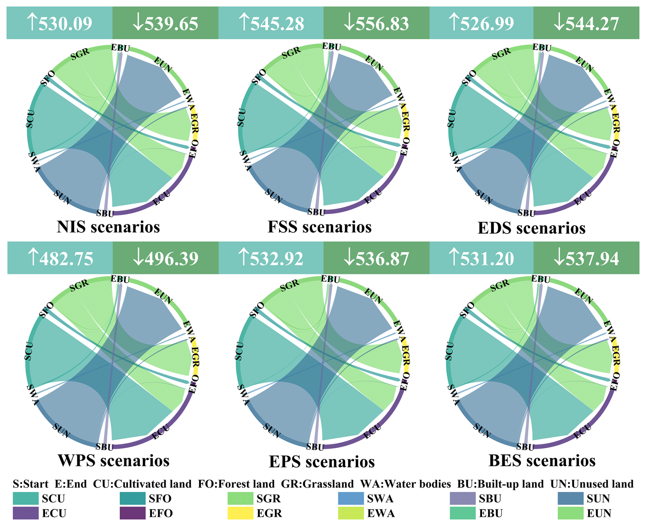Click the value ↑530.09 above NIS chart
59,23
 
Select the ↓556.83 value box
376,23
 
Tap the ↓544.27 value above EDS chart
586,23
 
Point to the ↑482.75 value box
60,258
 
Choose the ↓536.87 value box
376,258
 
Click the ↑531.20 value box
481,258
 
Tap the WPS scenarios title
114,460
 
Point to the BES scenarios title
542,460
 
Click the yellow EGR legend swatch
240,513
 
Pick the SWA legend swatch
351,498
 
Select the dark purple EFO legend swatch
132,513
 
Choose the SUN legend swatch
571,498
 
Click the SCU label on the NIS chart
30,119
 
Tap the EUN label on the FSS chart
374,63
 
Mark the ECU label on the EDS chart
582,198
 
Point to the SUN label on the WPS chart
61,431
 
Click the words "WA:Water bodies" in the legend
406,484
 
